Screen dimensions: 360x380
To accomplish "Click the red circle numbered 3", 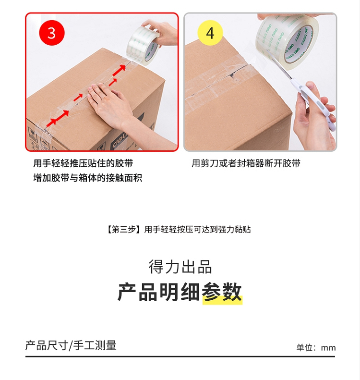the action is click(x=52, y=33).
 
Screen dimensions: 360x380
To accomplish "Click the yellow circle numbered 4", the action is click(x=210, y=33).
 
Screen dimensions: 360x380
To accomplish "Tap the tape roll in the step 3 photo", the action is click(x=143, y=45).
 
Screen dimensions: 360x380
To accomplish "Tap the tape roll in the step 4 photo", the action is click(x=288, y=40).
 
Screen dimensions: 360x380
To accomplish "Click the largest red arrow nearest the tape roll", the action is click(x=120, y=70).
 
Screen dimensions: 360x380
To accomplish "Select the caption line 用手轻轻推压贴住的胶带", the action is click(x=83, y=163).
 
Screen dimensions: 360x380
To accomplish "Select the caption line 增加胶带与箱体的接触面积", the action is click(x=88, y=178).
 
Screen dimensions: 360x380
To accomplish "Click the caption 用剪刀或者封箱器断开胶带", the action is click(x=246, y=163).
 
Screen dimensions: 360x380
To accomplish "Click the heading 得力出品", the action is click(x=180, y=267).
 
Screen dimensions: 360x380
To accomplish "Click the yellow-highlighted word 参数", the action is click(x=222, y=292).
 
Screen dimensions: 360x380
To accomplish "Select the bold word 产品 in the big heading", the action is click(x=137, y=292).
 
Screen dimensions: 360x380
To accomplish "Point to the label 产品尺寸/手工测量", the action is click(x=71, y=345).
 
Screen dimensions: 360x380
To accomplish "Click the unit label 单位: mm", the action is click(x=316, y=348).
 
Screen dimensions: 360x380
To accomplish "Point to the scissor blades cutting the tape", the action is click(x=278, y=64).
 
